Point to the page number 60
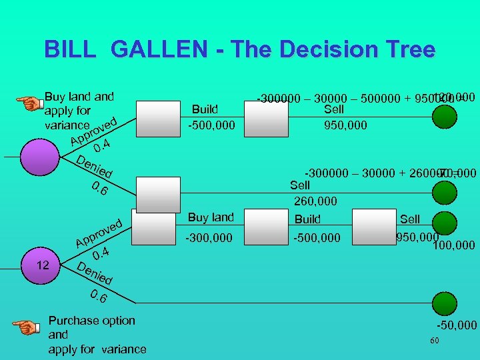pos(435,341)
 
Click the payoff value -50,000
pos(457,325)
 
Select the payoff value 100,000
pos(454,245)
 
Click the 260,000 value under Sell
pos(315,201)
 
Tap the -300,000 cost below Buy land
pos(210,237)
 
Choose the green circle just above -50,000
pos(445,305)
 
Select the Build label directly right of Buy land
pos(307,219)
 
